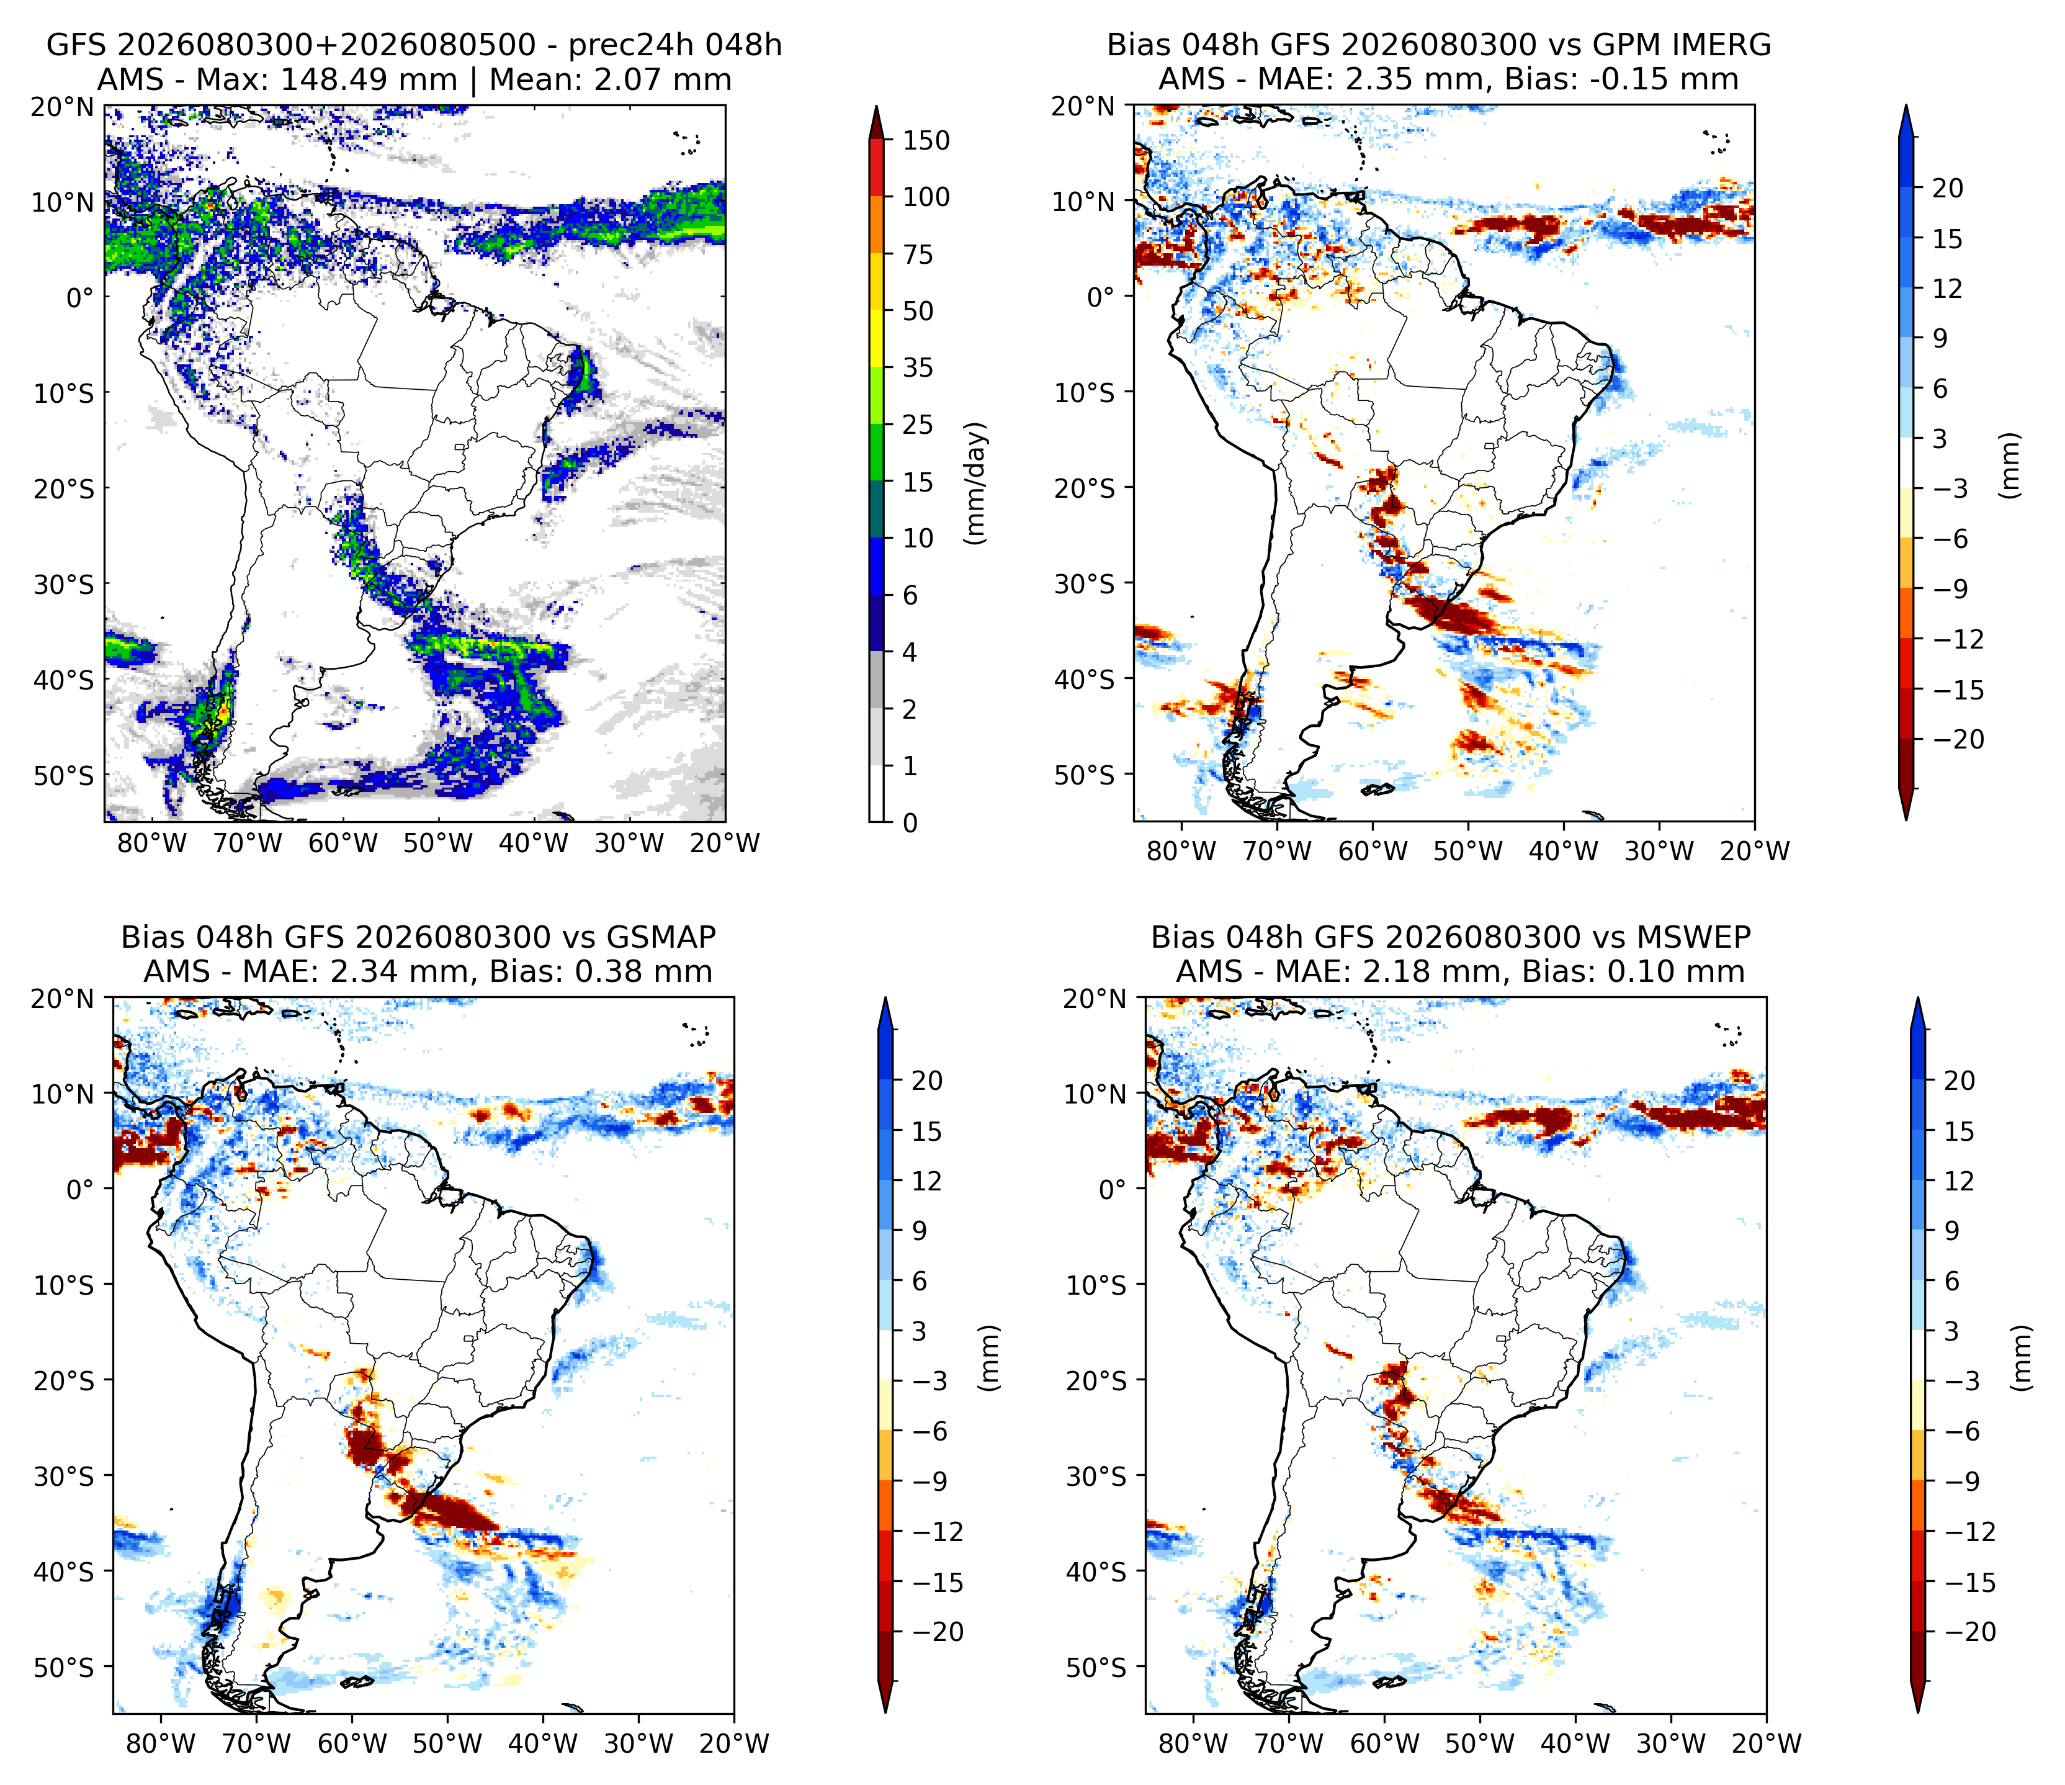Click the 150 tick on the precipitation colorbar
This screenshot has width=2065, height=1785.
click(x=926, y=140)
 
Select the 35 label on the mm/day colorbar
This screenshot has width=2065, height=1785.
click(x=917, y=368)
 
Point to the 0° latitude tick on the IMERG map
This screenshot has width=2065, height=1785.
click(x=1100, y=297)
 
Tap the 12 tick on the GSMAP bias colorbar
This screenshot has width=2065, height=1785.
click(x=926, y=1182)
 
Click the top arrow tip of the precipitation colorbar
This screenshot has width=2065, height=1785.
click(x=876, y=105)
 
